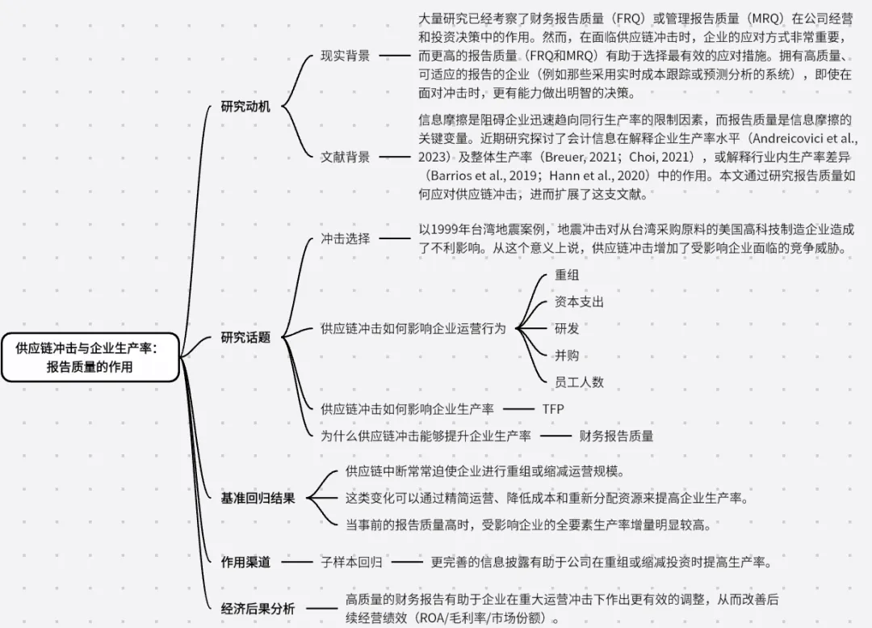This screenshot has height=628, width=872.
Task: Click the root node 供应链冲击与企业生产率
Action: pos(90,356)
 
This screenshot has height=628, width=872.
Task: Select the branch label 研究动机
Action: pos(245,107)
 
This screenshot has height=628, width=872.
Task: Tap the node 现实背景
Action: pos(345,56)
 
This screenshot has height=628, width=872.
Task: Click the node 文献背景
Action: pos(345,157)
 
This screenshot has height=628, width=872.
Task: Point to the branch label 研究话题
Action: pos(245,338)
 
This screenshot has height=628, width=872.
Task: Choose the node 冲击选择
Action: pos(345,238)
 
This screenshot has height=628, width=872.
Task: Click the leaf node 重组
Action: pos(567,275)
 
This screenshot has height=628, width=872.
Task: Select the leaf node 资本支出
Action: pos(579,301)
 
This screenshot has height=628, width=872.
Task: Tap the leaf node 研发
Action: pos(567,329)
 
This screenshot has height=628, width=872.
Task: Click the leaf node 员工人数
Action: pos(579,381)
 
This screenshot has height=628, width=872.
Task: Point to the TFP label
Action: pos(553,409)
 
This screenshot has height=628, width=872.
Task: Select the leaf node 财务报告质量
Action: pos(616,436)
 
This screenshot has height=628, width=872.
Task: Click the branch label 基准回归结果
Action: pos(258,498)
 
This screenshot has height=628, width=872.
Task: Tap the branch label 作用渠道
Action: pos(245,560)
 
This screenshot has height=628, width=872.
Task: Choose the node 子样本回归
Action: pos(351,560)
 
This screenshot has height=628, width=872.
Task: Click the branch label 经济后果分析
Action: pos(258,609)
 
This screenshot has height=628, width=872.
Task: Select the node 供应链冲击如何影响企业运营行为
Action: pos(413,329)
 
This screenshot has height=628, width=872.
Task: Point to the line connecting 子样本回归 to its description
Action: pos(408,560)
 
